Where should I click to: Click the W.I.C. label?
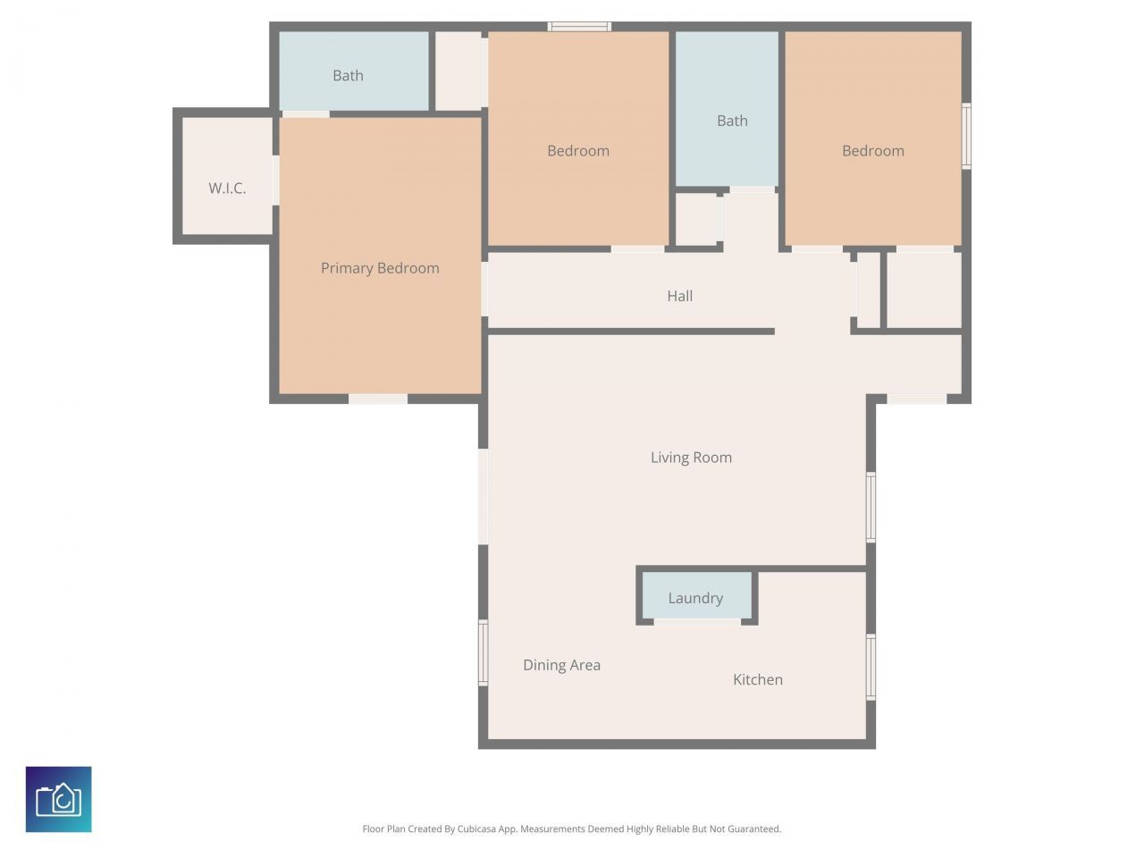(x=227, y=188)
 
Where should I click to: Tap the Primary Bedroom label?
(x=380, y=268)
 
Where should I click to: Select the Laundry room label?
(x=695, y=598)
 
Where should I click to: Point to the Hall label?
(x=679, y=296)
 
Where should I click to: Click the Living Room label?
(x=691, y=458)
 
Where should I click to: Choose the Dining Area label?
(x=561, y=665)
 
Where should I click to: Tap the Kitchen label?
(x=758, y=679)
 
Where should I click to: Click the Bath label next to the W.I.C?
(x=348, y=76)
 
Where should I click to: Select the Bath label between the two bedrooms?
(x=732, y=121)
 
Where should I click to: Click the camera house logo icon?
(x=59, y=799)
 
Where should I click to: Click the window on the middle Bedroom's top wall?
(x=579, y=27)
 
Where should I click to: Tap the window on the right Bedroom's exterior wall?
(x=966, y=136)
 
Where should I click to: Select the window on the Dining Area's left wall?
(x=484, y=652)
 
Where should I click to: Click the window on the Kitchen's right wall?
(x=871, y=667)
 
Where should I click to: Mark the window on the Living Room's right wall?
(x=871, y=507)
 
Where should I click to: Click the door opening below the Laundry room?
(x=697, y=621)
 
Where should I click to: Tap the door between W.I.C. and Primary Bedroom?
(x=275, y=181)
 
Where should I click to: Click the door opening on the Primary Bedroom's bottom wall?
(x=378, y=399)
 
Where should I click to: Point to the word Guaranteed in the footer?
(x=753, y=829)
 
